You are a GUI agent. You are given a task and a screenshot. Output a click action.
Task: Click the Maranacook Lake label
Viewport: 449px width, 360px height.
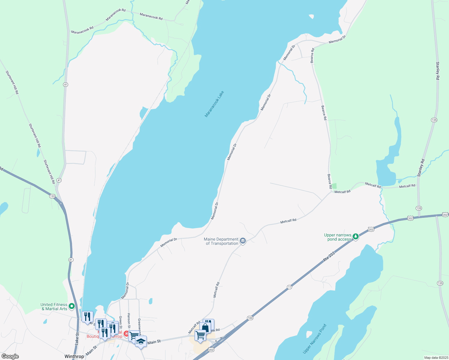click(x=214, y=104)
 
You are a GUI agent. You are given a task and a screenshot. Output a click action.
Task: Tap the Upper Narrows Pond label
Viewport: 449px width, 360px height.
click(x=315, y=338)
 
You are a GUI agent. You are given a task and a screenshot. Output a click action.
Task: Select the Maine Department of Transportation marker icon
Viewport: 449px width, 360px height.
click(x=243, y=241)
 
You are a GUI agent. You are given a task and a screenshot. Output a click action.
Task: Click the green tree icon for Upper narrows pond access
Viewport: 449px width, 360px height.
click(x=356, y=236)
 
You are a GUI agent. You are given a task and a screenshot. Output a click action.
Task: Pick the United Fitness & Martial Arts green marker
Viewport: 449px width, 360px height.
click(x=71, y=306)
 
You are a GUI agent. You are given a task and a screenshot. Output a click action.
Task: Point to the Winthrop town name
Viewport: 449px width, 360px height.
click(x=74, y=356)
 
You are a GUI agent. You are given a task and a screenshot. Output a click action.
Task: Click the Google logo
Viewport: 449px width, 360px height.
click(x=10, y=356)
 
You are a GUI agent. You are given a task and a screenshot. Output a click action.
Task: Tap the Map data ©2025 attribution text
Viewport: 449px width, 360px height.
click(x=435, y=358)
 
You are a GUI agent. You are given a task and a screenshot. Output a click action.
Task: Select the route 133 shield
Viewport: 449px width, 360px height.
click(x=53, y=196)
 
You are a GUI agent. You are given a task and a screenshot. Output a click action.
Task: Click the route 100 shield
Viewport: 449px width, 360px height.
click(x=250, y=318)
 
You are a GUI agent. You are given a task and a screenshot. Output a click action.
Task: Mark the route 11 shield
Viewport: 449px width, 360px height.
click(x=289, y=287)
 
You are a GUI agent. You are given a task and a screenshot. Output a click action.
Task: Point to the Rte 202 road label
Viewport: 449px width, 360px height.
click(x=329, y=257)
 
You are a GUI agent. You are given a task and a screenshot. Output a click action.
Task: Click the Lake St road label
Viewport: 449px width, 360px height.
click(x=77, y=338)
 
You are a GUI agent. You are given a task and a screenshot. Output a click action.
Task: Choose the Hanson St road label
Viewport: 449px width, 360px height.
click(x=129, y=321)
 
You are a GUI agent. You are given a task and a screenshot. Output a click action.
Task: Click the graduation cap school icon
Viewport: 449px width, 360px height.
click(x=141, y=341)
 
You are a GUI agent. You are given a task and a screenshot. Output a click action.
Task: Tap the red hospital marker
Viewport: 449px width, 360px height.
click(x=126, y=334)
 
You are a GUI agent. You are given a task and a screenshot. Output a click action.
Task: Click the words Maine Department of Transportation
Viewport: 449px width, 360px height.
click(x=221, y=241)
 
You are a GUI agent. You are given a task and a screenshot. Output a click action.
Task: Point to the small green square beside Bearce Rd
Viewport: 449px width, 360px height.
click(x=334, y=186)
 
